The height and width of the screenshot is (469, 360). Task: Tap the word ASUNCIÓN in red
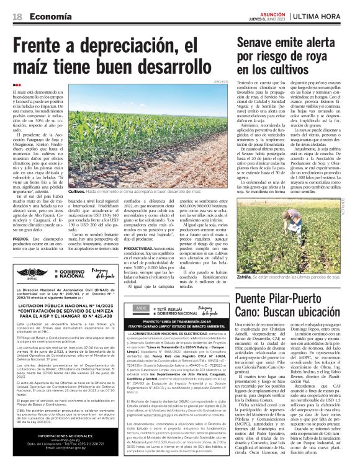tap(272, 12)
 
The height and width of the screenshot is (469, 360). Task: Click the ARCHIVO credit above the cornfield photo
tap(221, 81)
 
